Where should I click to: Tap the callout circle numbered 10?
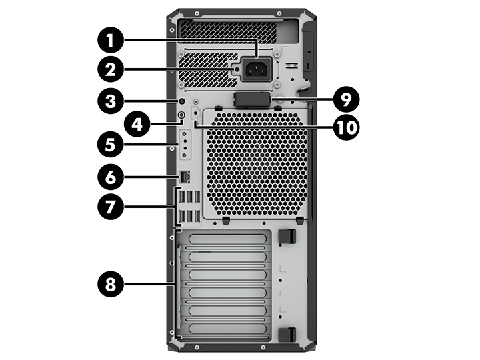(x=345, y=126)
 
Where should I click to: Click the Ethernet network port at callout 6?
(x=185, y=177)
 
